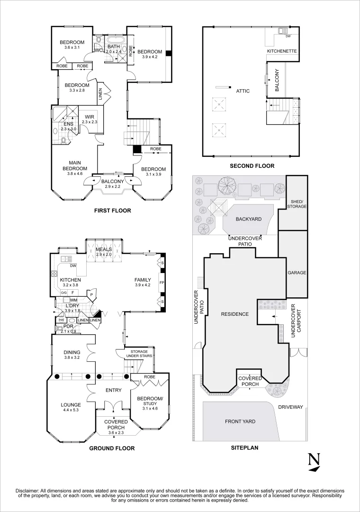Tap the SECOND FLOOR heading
point(252,166)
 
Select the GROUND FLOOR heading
point(112,448)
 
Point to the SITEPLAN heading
point(244,447)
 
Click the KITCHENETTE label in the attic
point(282,51)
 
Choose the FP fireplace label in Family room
point(162,282)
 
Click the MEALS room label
point(103,249)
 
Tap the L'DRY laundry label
point(72,305)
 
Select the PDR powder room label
point(68,326)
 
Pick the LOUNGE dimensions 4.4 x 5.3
point(70,411)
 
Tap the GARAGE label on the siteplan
point(297,273)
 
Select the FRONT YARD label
point(240,421)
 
